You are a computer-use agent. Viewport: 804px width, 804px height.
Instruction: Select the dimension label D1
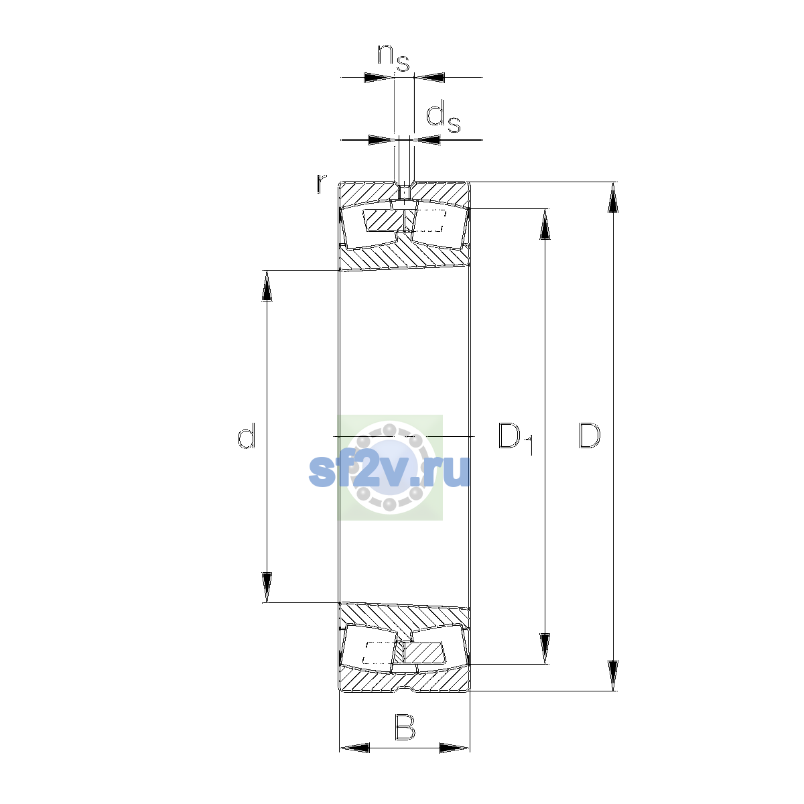click(516, 438)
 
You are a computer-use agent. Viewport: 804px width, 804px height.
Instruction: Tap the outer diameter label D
click(589, 435)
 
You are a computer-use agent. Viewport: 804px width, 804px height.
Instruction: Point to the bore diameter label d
click(246, 435)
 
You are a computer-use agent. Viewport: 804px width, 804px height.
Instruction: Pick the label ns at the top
click(393, 58)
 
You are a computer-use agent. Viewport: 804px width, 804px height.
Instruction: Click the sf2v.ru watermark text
click(389, 472)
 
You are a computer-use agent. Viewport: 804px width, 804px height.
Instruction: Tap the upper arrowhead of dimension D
click(612, 198)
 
